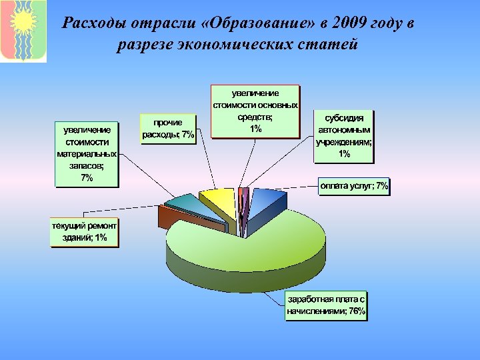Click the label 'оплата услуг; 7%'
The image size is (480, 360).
(353, 186)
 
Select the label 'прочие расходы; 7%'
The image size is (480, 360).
(169, 129)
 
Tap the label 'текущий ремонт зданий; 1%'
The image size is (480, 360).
(85, 232)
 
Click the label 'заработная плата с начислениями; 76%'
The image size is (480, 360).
(326, 305)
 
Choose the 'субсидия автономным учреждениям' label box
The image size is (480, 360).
(344, 136)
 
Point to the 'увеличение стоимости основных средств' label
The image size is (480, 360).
(255, 111)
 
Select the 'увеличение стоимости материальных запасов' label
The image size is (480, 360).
(87, 154)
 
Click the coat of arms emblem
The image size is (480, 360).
(23, 31)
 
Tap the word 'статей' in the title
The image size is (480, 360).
(333, 45)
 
